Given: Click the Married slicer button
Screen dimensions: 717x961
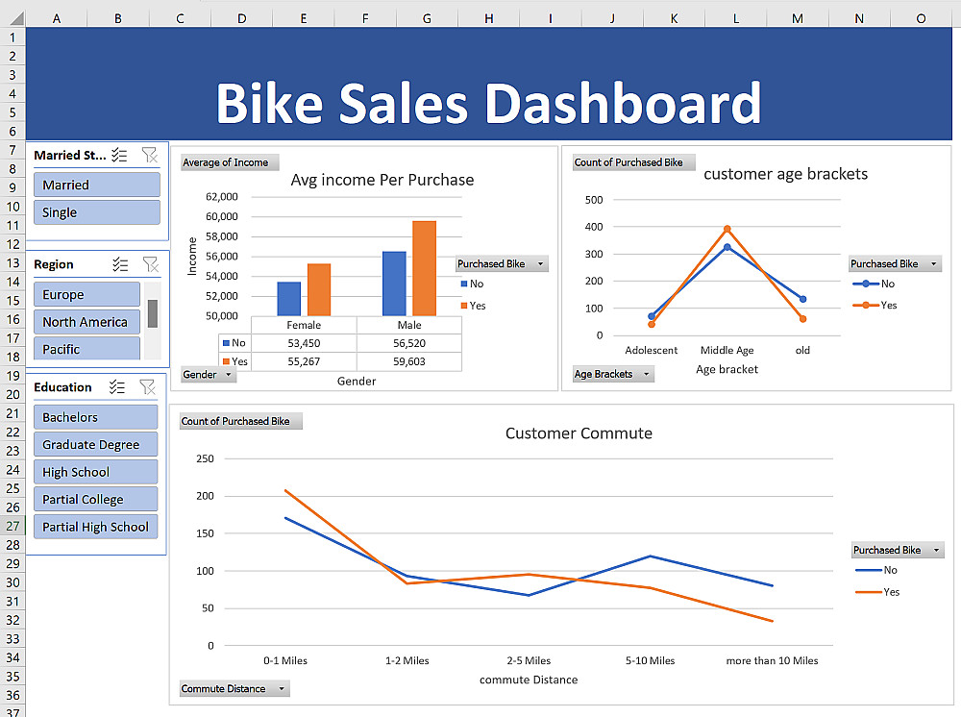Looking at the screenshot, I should pos(95,185).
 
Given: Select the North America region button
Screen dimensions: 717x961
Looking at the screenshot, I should pos(86,322).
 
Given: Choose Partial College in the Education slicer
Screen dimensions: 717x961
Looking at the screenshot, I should pos(95,500).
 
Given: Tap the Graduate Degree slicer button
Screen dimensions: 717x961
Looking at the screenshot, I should pos(95,445).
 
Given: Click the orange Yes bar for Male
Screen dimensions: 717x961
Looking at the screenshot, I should pos(424,268).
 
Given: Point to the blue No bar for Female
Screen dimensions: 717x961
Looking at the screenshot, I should pos(289,298).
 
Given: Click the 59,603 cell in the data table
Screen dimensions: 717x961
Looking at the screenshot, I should pos(409,361).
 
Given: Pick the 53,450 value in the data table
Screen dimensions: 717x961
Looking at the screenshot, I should pos(304,343).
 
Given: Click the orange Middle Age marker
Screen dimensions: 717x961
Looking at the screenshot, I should pos(727,229).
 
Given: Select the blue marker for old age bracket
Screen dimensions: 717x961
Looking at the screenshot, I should pos(802,299).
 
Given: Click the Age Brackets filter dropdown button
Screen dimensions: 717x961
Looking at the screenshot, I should pos(646,374).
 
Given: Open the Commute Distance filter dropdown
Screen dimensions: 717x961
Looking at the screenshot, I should pos(282,688).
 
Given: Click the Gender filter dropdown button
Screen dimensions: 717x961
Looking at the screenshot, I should pos(228,374).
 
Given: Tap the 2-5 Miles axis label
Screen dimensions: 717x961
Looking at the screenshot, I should pos(529,660).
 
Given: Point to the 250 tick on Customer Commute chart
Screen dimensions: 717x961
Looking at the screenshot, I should pos(205,458).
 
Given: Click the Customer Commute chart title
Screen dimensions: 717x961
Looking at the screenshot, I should pos(579,433).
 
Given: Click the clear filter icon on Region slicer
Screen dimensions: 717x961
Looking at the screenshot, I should pos(150,264).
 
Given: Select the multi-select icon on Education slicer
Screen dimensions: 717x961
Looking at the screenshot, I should pos(117,387).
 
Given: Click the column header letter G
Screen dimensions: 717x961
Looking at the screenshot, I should pos(427,18).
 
